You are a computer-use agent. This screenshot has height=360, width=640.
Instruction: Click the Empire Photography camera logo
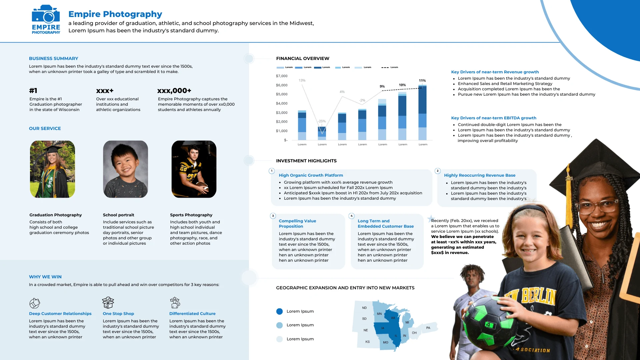tap(46, 19)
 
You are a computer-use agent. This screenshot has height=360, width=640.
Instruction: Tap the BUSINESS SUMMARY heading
tap(53, 58)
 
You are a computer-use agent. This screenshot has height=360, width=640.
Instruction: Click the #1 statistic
tap(33, 91)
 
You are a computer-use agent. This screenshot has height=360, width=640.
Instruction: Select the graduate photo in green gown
tap(52, 169)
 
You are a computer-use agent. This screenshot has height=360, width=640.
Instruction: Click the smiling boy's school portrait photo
tap(125, 169)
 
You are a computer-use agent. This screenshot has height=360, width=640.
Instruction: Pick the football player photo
tap(194, 169)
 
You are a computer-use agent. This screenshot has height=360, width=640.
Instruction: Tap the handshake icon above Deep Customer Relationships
tap(35, 303)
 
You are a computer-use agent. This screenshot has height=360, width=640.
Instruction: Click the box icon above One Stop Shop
tap(108, 303)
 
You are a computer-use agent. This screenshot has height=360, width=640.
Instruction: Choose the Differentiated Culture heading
tap(192, 314)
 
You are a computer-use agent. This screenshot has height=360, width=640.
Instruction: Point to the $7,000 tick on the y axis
tap(281, 76)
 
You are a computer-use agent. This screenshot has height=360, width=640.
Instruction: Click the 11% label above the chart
tap(422, 81)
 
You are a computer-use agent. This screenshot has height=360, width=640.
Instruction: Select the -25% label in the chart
tap(322, 121)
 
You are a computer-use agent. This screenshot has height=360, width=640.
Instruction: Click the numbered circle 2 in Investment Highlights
tap(438, 171)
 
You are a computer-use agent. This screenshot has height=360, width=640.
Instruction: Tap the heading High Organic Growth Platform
tap(311, 175)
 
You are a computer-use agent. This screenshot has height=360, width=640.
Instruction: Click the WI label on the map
tap(393, 318)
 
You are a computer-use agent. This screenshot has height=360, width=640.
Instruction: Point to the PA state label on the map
tap(428, 328)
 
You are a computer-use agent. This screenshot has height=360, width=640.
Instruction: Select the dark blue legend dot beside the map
tap(279, 311)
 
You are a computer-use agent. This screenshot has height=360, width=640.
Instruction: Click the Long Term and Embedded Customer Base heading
tap(386, 224)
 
